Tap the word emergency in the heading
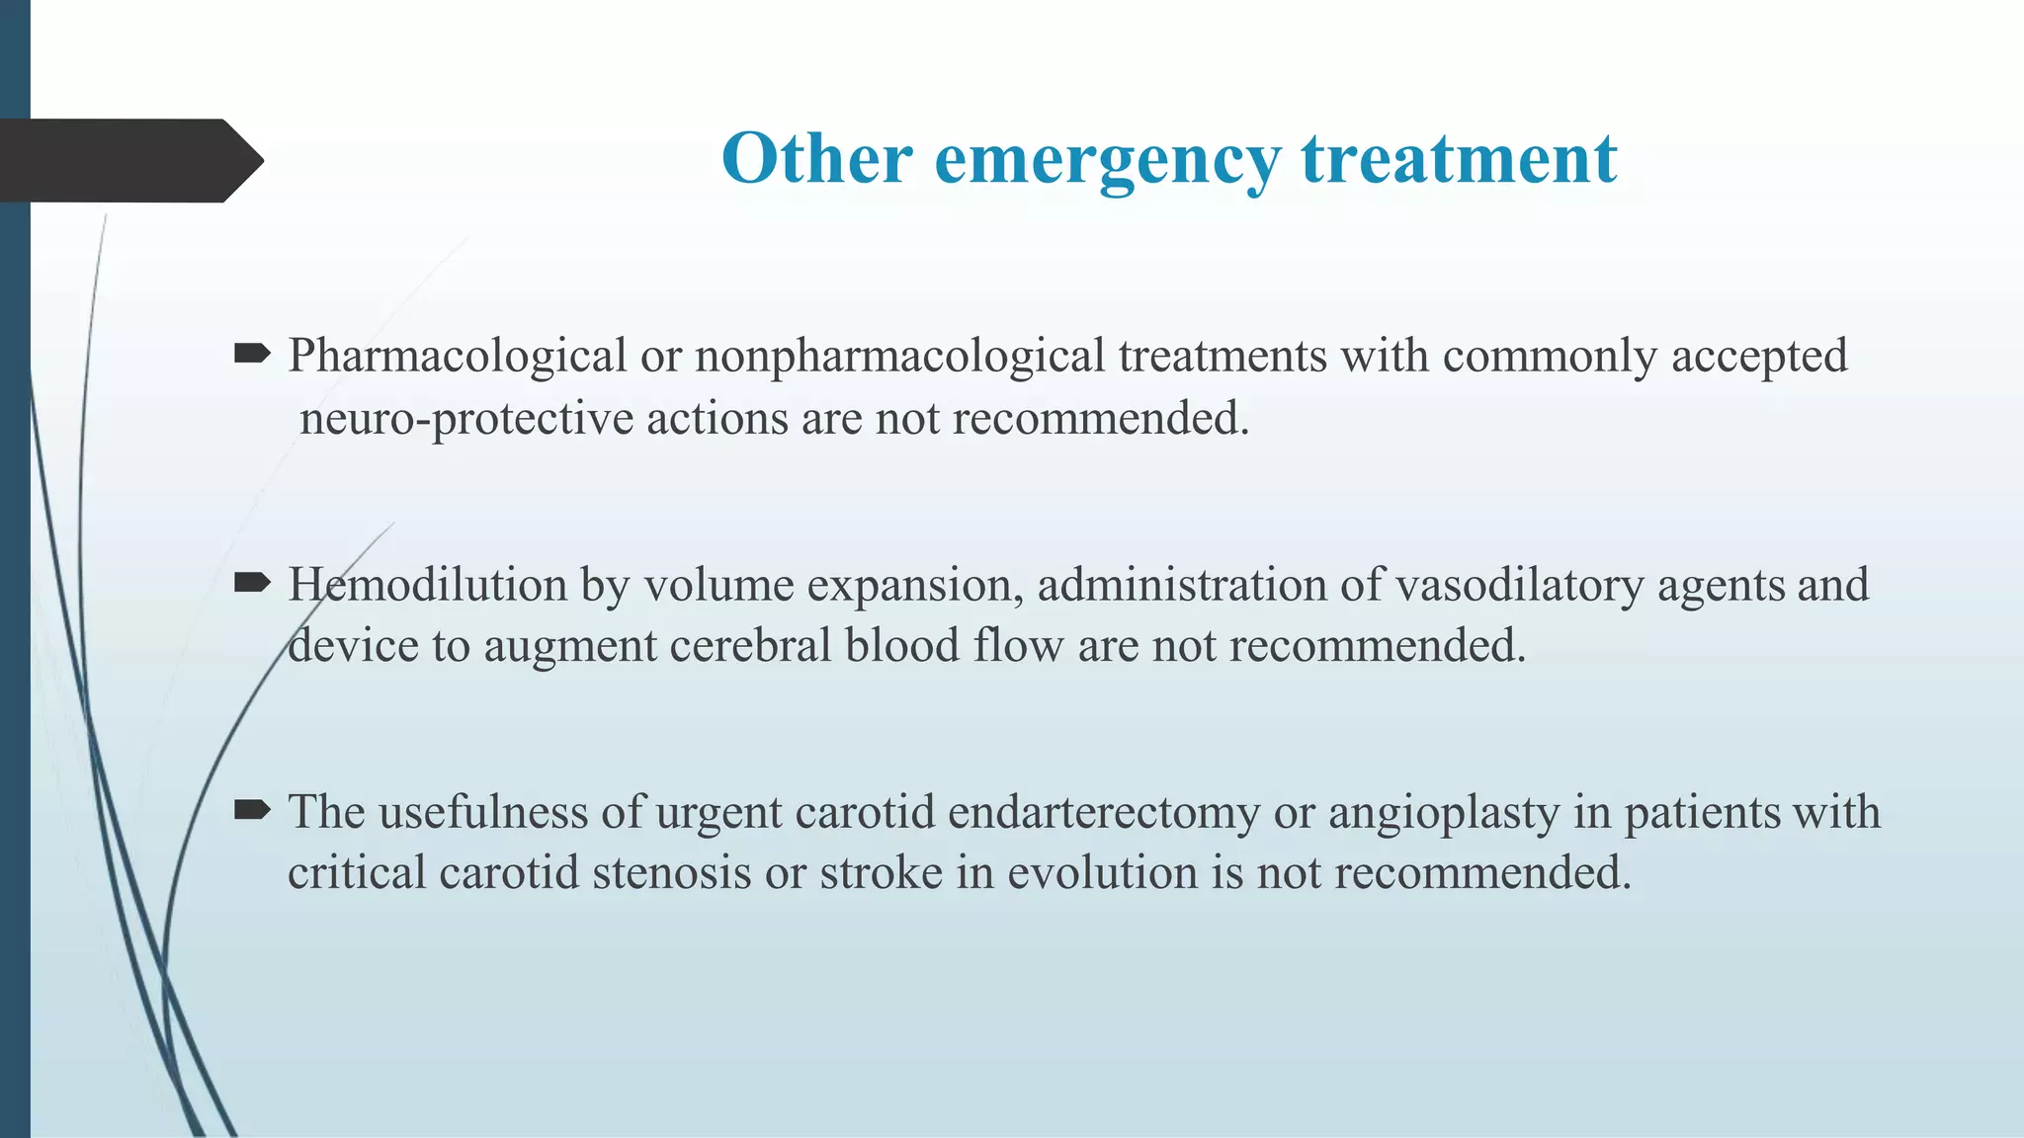[1107, 160]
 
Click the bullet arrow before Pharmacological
[252, 355]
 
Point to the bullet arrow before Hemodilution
[252, 584]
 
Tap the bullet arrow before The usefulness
[252, 811]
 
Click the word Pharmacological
[458, 357]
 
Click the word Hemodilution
[427, 584]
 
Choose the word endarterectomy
[1104, 813]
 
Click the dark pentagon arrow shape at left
[128, 160]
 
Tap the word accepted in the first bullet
[1758, 357]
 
